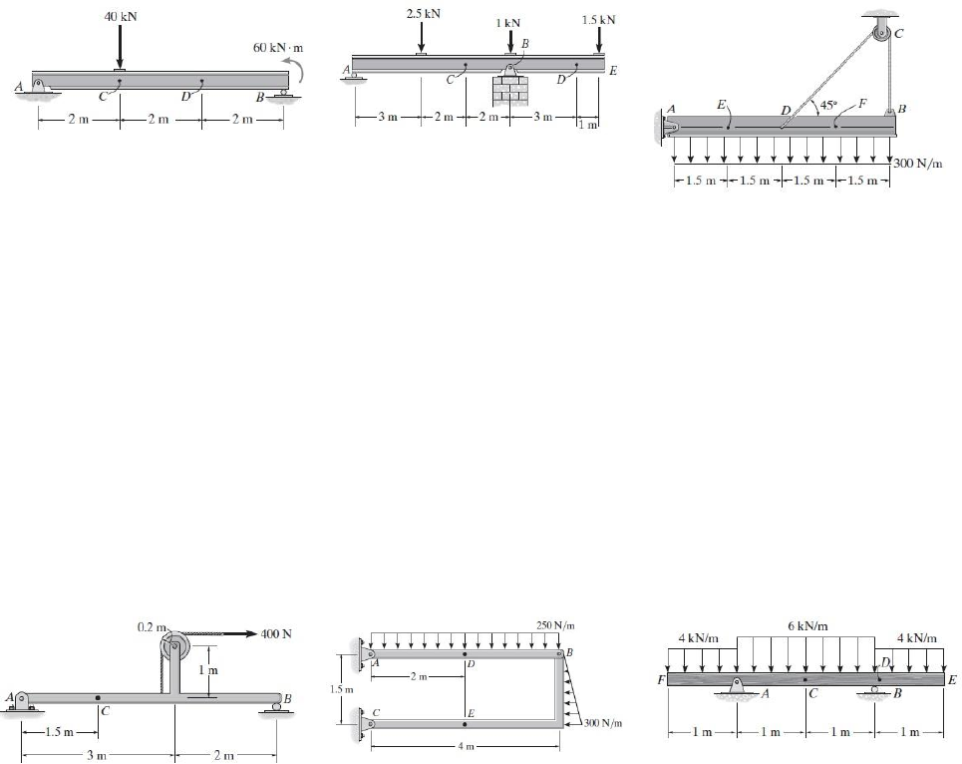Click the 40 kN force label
point(120,16)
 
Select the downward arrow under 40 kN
point(120,46)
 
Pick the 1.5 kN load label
point(598,19)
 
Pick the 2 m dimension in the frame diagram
point(418,677)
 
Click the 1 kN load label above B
point(509,22)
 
